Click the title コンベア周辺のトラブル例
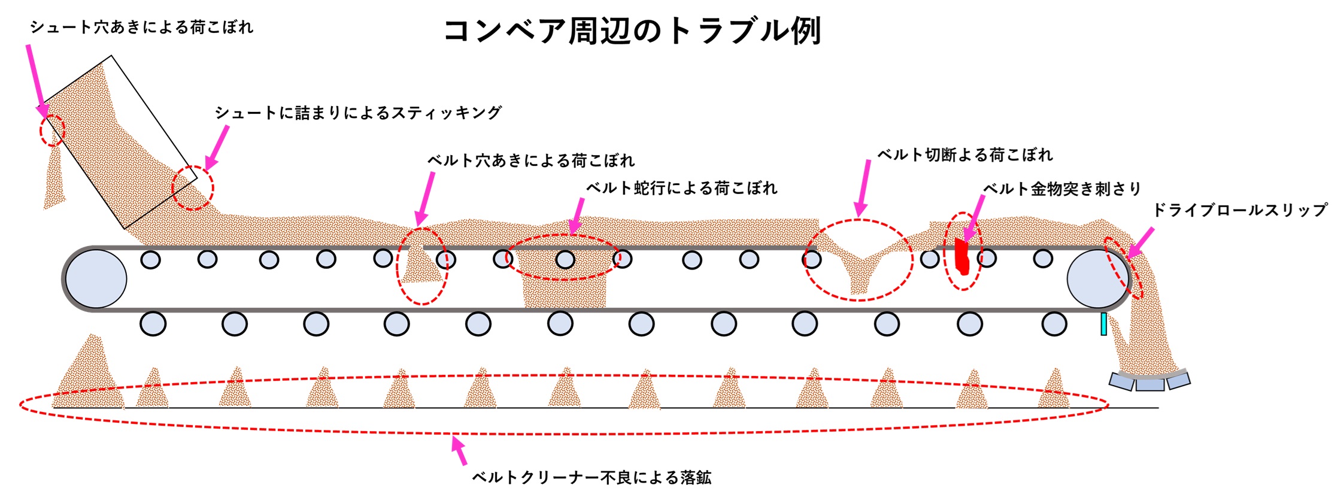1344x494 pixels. pyautogui.click(x=632, y=31)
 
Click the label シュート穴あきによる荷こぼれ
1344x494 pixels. pyautogui.click(x=142, y=28)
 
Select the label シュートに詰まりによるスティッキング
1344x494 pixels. pyautogui.click(x=358, y=113)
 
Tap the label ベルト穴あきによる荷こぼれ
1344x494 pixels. pyautogui.click(x=530, y=160)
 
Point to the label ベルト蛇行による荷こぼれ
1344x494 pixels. pyautogui.click(x=681, y=188)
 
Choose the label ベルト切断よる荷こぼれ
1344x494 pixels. pyautogui.click(x=964, y=155)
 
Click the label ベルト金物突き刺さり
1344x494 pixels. pyautogui.click(x=1062, y=189)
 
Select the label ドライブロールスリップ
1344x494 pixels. pyautogui.click(x=1240, y=210)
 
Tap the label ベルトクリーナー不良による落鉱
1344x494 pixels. pyautogui.click(x=591, y=477)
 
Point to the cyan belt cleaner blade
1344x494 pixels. pyautogui.click(x=1103, y=324)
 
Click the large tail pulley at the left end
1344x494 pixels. pyautogui.click(x=96, y=279)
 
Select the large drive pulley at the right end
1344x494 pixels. pyautogui.click(x=1097, y=279)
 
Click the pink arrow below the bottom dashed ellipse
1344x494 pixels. pyautogui.click(x=459, y=450)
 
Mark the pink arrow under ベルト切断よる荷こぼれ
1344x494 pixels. pyautogui.click(x=863, y=187)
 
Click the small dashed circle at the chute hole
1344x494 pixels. pyautogui.click(x=52, y=130)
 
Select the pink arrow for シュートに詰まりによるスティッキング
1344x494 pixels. pyautogui.click(x=217, y=148)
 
